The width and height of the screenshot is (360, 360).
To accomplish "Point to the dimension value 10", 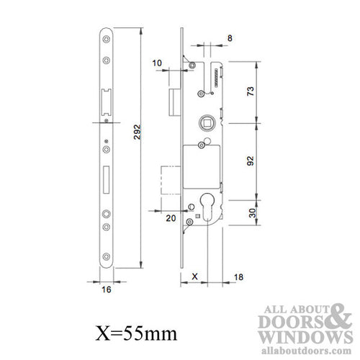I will click(x=158, y=64).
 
